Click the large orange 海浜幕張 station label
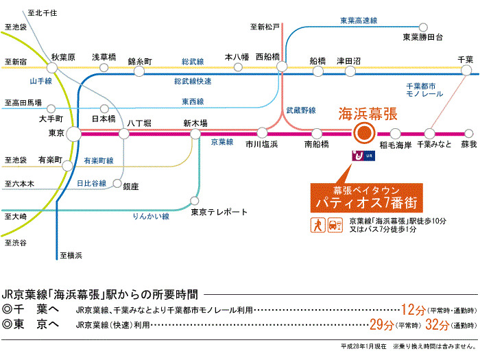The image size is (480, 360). [368, 115]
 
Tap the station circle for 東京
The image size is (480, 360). [73, 134]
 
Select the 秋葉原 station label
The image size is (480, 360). [62, 58]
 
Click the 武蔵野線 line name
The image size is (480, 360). [300, 110]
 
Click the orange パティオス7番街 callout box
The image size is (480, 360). [363, 197]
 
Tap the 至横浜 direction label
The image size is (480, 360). [71, 256]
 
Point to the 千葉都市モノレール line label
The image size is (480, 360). [427, 91]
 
